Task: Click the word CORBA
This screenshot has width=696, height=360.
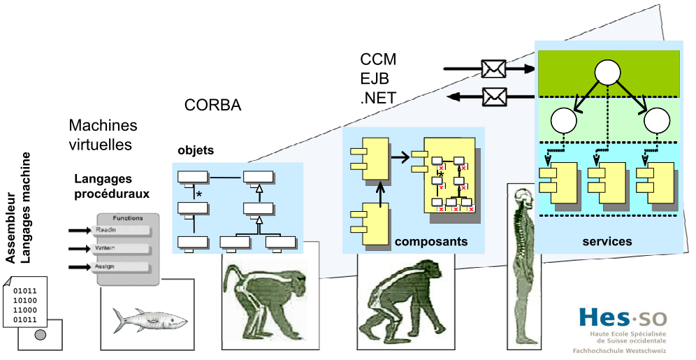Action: [213, 106]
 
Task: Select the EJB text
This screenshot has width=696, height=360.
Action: [375, 78]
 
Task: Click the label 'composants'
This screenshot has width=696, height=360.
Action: [430, 242]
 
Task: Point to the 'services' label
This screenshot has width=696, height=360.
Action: [607, 242]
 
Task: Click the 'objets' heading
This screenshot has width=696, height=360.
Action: [196, 150]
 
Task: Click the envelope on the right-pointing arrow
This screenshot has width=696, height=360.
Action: [493, 69]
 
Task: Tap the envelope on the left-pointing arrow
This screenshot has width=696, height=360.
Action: [493, 94]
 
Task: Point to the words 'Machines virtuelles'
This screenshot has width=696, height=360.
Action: [103, 135]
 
